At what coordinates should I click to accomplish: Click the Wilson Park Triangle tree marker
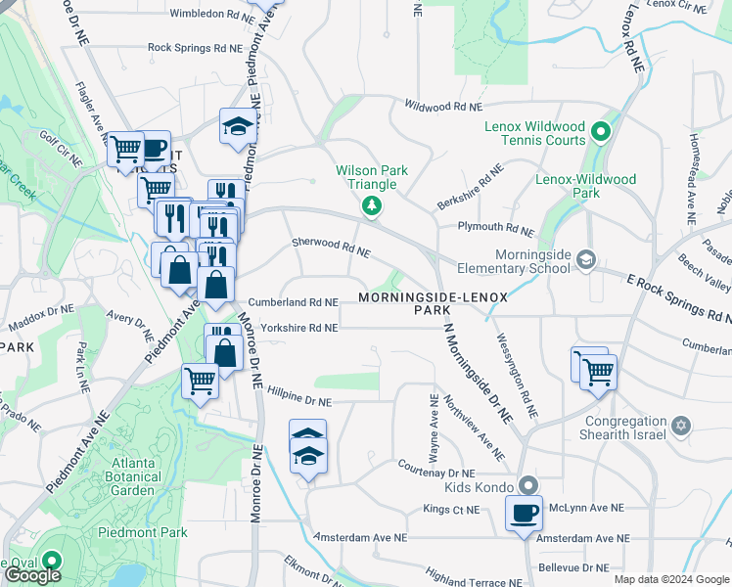tap(372, 204)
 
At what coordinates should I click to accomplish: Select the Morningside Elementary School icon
tap(585, 258)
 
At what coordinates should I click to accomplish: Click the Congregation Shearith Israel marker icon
tap(681, 428)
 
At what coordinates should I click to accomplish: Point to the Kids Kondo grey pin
tap(528, 485)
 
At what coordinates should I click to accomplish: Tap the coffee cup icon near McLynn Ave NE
tap(524, 512)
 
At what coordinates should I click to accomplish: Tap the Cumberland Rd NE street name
tap(293, 303)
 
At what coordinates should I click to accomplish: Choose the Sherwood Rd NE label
tap(331, 247)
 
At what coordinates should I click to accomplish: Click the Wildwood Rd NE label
tap(443, 106)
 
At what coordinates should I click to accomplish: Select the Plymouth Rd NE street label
tap(495, 228)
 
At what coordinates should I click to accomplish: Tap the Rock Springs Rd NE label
tap(195, 47)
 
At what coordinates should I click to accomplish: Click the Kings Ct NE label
tap(451, 510)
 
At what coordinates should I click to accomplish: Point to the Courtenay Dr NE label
tap(436, 467)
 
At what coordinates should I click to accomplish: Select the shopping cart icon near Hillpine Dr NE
tap(200, 379)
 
